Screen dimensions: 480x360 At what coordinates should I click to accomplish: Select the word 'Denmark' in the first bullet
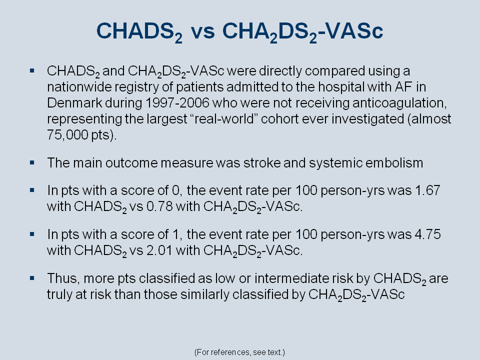click(x=74, y=103)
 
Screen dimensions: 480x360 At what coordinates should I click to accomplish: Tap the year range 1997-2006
click(x=177, y=103)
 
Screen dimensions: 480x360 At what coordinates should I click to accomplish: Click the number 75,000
click(x=67, y=134)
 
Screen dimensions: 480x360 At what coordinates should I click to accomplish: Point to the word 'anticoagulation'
click(x=399, y=103)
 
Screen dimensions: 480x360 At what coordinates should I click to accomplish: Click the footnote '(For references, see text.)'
click(x=239, y=352)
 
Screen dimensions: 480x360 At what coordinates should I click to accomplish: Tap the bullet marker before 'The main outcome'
click(x=32, y=162)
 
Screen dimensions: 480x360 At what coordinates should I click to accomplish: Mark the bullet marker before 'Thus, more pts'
click(x=32, y=278)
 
